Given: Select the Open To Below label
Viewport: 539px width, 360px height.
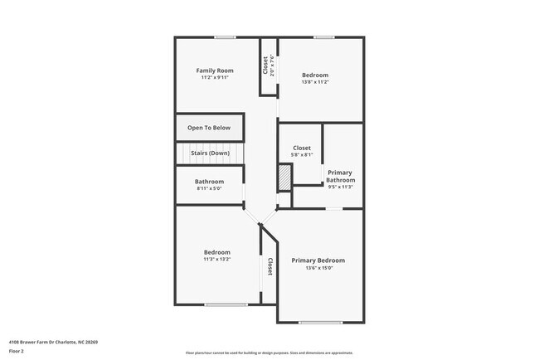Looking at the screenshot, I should click(x=209, y=128).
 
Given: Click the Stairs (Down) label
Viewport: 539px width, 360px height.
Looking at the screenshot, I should click(x=209, y=153).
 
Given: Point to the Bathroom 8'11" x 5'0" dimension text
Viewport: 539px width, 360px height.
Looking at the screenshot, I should click(x=209, y=189).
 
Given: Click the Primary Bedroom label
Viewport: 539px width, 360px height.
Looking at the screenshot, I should click(x=318, y=260).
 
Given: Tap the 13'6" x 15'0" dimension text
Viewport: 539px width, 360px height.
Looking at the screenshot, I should click(x=318, y=268).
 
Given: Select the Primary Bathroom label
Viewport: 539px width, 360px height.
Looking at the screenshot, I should click(x=341, y=176).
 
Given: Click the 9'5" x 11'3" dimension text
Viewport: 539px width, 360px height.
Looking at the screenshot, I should click(x=341, y=187).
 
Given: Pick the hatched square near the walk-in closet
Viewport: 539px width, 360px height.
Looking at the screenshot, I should click(x=284, y=177).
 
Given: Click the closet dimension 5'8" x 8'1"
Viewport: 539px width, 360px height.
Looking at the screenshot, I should click(x=302, y=155).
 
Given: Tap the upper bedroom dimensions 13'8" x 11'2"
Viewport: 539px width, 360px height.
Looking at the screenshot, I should click(x=315, y=82).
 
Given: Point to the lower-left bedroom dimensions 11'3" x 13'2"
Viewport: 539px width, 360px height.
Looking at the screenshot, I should click(x=217, y=260).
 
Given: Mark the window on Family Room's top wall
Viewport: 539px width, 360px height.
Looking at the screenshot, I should click(x=226, y=37).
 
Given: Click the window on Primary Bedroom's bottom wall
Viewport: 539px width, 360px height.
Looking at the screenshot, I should click(x=320, y=322).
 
